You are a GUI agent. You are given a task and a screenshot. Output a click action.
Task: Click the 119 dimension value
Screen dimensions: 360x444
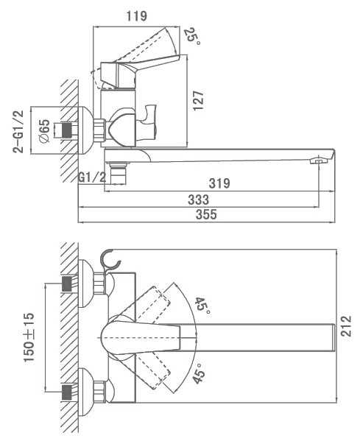(x=137, y=16)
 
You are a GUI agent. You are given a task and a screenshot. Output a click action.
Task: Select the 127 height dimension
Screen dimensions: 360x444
(x=198, y=101)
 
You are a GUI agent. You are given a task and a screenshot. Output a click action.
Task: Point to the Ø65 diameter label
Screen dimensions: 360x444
(x=44, y=131)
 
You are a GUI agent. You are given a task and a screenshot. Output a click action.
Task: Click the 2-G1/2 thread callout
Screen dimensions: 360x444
(x=18, y=132)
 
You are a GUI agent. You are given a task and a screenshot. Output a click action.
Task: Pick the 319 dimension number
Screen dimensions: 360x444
(x=219, y=183)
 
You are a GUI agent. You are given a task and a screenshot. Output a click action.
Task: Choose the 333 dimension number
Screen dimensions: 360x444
(x=198, y=200)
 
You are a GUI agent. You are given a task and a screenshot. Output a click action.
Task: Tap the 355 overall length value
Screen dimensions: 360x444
(x=206, y=215)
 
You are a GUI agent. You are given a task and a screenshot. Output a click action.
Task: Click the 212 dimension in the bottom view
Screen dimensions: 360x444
(x=346, y=326)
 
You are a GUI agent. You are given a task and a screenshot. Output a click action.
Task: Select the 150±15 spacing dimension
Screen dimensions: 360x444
(x=29, y=337)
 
